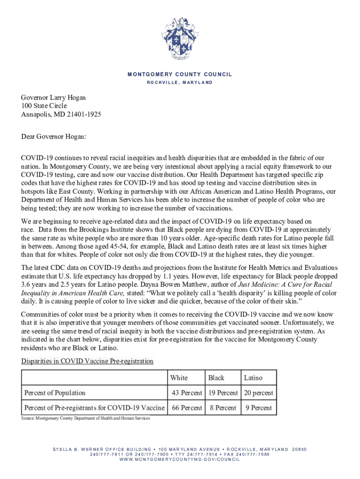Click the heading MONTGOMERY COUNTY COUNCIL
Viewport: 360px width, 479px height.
click(180, 74)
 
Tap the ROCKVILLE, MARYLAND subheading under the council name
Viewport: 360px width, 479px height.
click(180, 82)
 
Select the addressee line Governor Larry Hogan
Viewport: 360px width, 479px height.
click(53, 98)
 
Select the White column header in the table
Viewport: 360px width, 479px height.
click(179, 377)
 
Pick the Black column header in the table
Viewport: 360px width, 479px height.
click(216, 377)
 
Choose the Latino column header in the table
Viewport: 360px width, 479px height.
click(253, 377)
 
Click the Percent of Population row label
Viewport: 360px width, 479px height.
click(55, 392)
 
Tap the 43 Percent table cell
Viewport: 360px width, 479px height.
click(187, 392)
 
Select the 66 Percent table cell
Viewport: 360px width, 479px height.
click(187, 407)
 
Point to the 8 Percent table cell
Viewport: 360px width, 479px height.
click(223, 407)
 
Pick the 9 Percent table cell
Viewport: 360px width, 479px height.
click(259, 407)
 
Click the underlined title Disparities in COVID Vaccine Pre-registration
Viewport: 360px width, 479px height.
click(87, 361)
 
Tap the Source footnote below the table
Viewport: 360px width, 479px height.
click(86, 418)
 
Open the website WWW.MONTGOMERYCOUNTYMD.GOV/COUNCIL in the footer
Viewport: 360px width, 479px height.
click(180, 459)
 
